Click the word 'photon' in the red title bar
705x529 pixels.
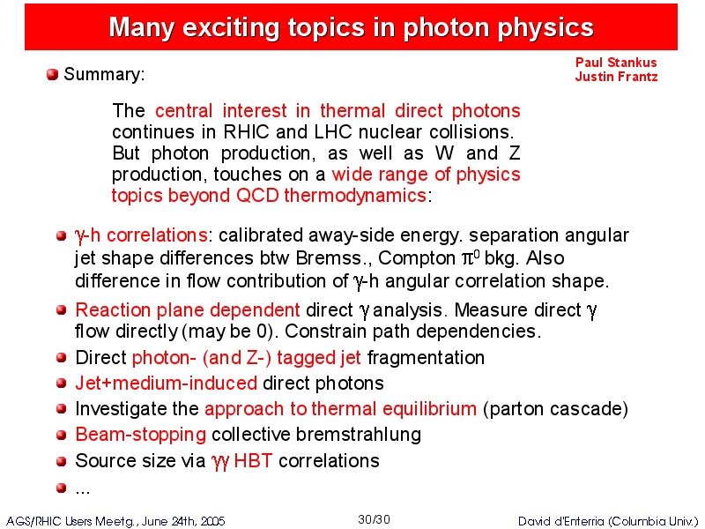click(446, 28)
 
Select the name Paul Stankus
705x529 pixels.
click(616, 62)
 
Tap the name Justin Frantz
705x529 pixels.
click(616, 77)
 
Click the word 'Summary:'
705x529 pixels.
click(104, 74)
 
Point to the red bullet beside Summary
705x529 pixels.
click(52, 74)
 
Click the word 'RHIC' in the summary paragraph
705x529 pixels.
click(246, 132)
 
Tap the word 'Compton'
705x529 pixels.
click(417, 258)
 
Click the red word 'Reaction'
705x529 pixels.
click(113, 310)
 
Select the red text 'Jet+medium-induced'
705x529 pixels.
click(167, 384)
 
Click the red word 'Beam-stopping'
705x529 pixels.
click(141, 435)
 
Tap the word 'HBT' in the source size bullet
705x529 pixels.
click(253, 460)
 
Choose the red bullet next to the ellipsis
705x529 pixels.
click(62, 488)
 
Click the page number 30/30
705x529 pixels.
click(374, 519)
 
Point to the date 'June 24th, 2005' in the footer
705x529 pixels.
click(183, 521)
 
